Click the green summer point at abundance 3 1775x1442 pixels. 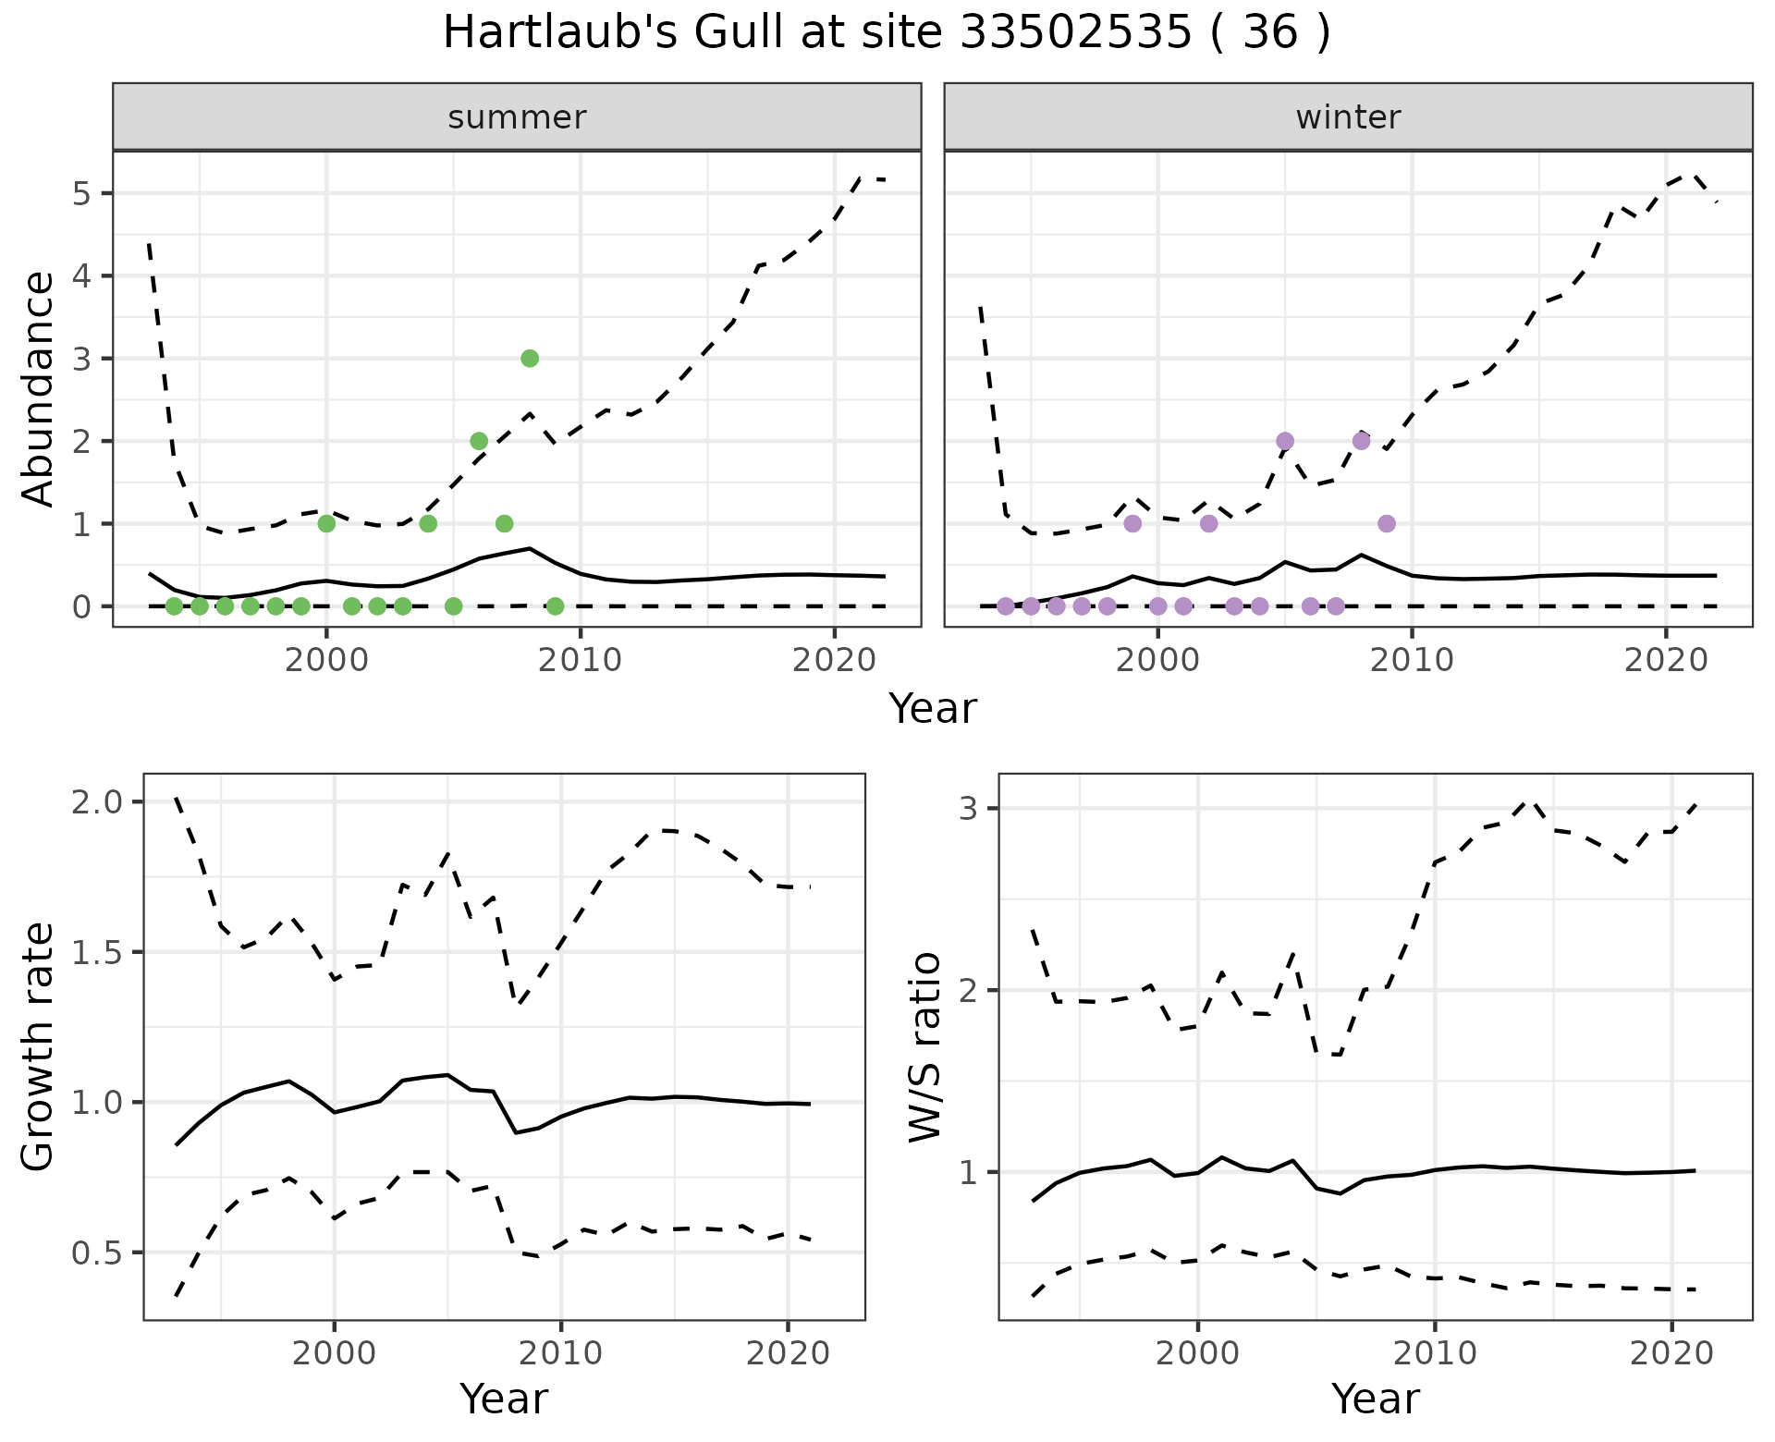(x=530, y=359)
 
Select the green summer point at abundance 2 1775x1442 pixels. (x=479, y=441)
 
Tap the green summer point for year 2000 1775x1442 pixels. (x=326, y=523)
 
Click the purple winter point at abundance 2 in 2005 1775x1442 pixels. (x=1285, y=441)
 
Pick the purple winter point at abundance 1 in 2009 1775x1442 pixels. (x=1387, y=523)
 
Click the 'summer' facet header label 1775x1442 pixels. (x=517, y=117)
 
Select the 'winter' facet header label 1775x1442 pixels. (x=1348, y=117)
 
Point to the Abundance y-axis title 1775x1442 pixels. (x=39, y=389)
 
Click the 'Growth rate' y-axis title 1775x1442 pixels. (x=39, y=1047)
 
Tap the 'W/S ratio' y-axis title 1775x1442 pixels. (x=925, y=1047)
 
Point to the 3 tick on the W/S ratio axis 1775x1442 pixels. (x=968, y=809)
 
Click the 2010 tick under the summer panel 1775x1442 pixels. (x=581, y=662)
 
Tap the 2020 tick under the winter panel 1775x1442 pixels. (x=1667, y=662)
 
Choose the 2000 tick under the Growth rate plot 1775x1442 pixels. (x=334, y=1354)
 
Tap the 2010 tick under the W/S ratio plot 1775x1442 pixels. (x=1435, y=1354)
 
